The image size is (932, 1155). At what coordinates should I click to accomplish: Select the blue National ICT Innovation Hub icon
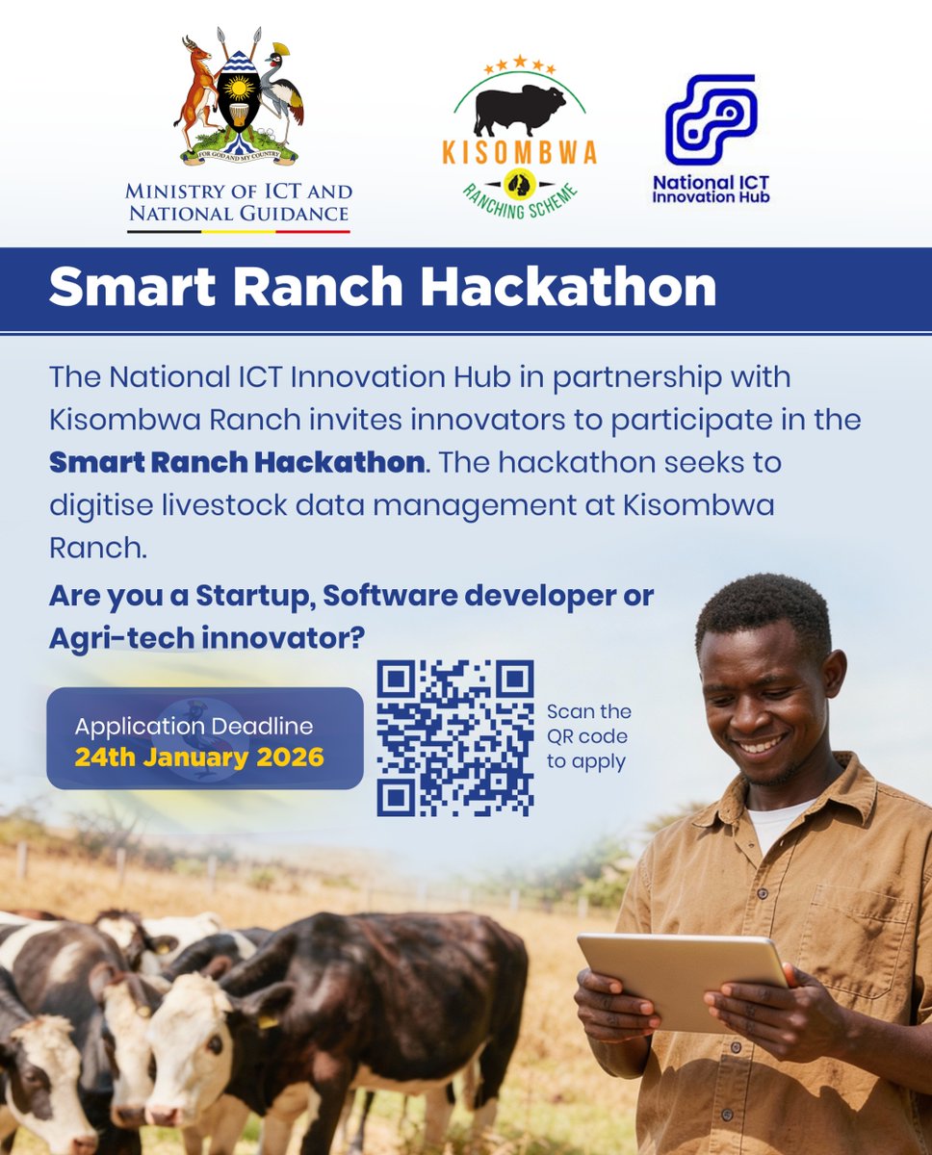click(711, 119)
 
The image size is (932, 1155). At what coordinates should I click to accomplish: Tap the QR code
click(454, 738)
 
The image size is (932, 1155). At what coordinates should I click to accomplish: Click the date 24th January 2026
click(199, 757)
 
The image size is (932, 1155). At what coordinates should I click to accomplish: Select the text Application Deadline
click(194, 726)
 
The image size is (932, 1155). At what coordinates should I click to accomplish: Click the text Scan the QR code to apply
click(588, 737)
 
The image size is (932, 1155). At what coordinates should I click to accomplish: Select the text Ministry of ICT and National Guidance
click(240, 202)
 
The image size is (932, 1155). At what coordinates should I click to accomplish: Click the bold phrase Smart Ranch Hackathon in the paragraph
click(237, 462)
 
